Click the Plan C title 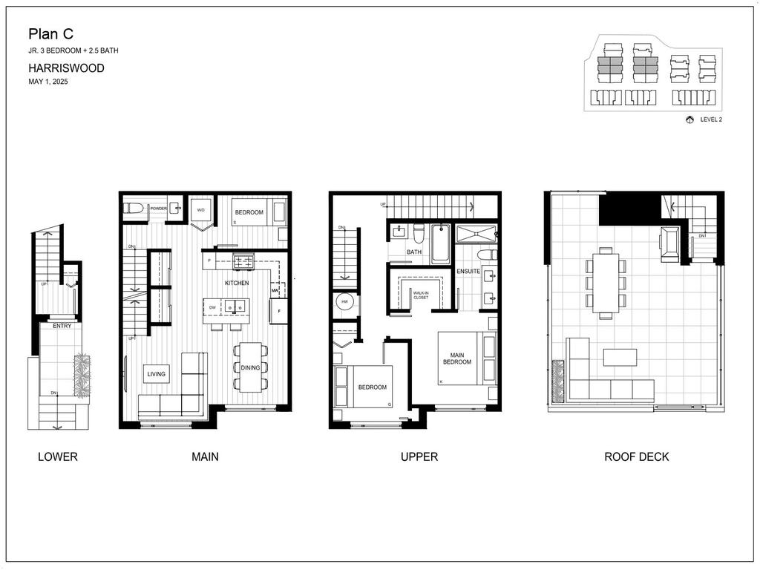pos(50,33)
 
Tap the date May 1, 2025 pos(47,82)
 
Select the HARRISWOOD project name pos(66,68)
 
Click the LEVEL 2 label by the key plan pos(711,119)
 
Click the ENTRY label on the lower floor pos(62,326)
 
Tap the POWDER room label pos(158,209)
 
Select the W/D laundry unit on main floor pos(200,210)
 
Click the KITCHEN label pos(237,284)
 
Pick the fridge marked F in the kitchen pos(278,312)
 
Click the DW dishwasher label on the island pos(212,307)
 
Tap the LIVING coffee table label pos(156,374)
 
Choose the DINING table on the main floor pos(250,367)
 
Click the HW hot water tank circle pos(345,303)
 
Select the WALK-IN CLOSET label pos(421,295)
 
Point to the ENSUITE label pos(468,272)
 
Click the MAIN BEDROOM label pos(457,359)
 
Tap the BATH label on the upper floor pos(414,252)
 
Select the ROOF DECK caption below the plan pos(636,457)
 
